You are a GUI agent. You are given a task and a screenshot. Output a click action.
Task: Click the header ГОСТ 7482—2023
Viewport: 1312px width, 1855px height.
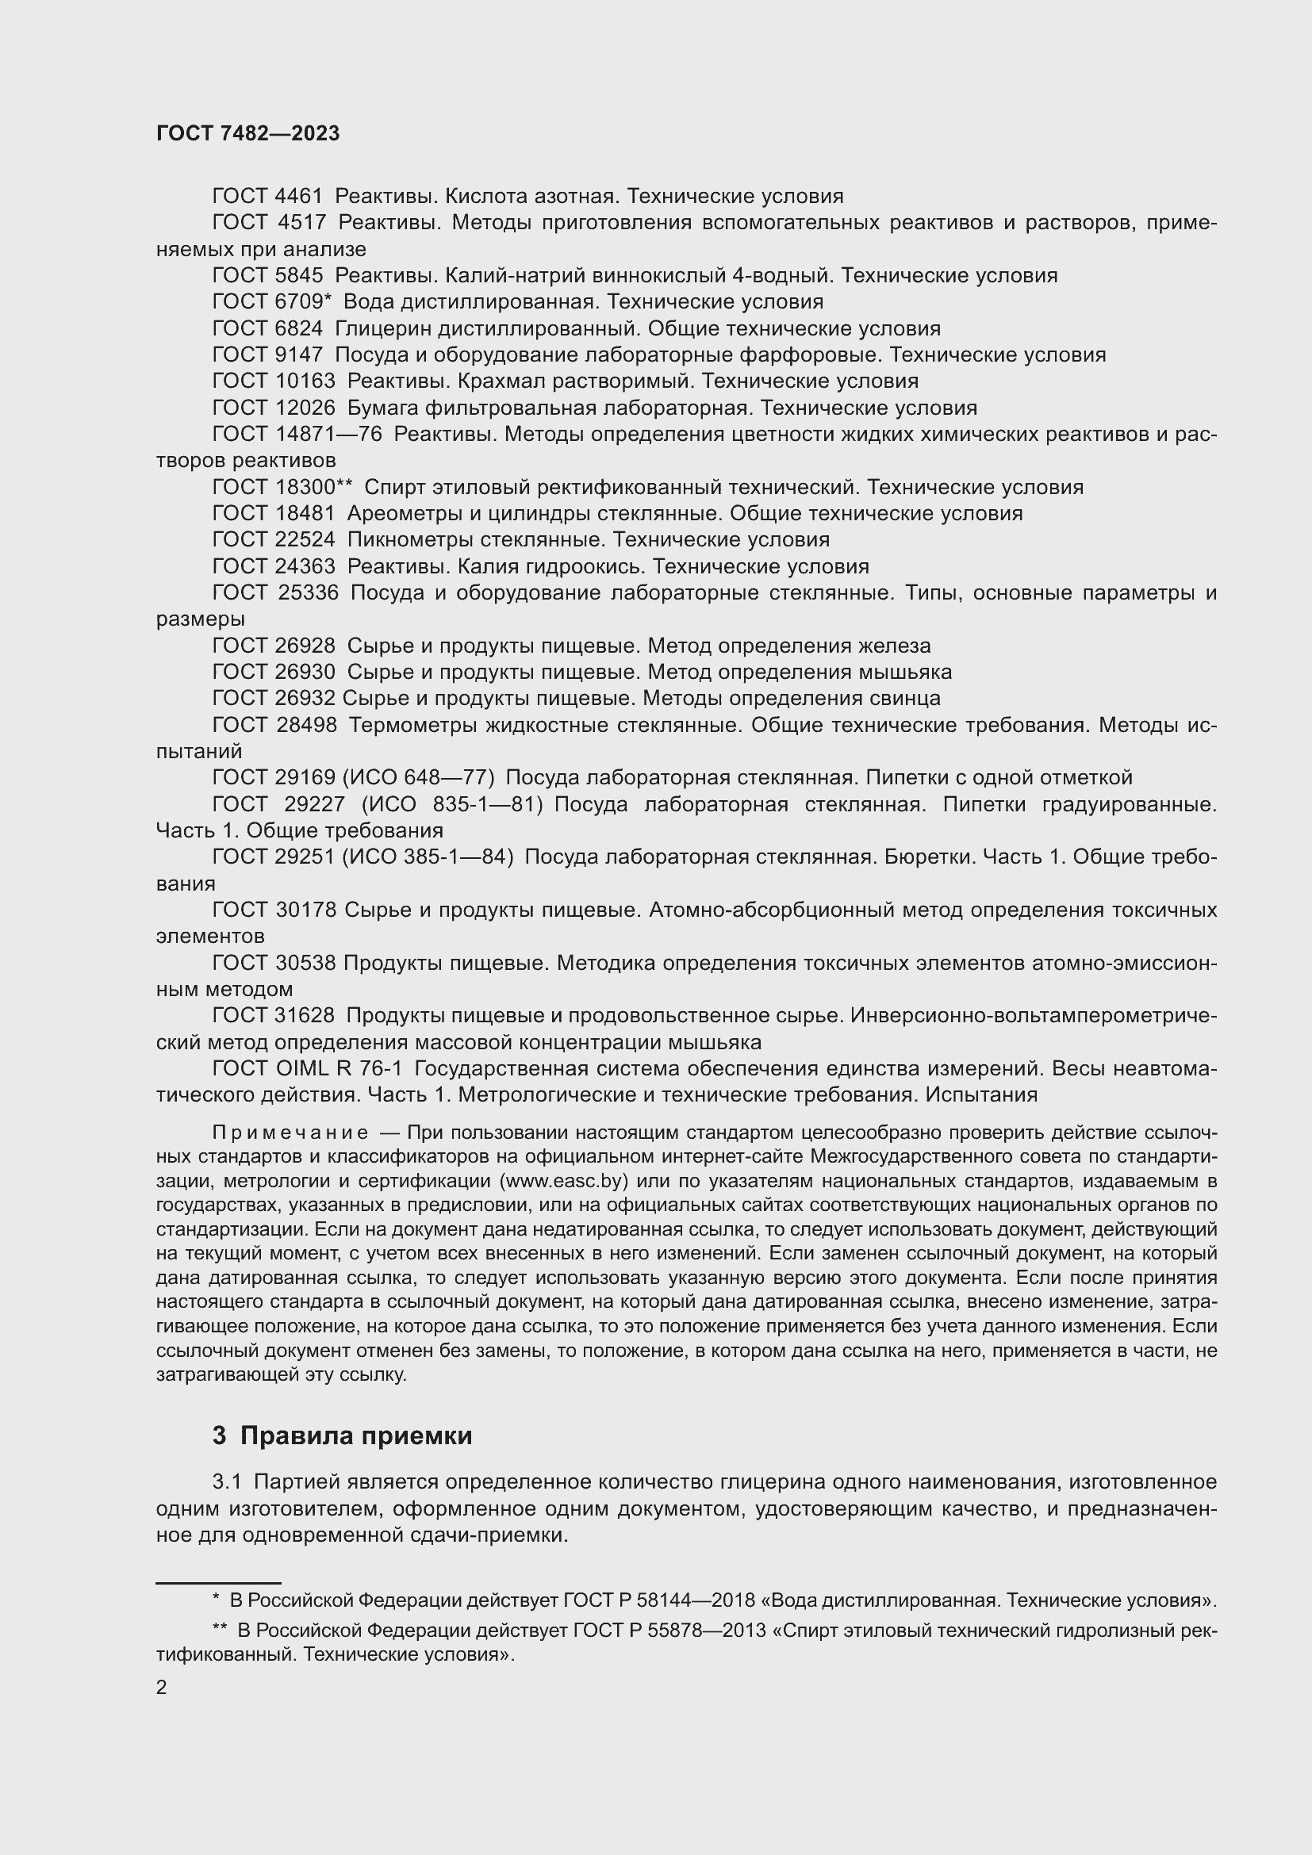tap(248, 134)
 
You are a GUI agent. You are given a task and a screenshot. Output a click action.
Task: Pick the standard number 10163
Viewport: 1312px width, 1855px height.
tap(305, 381)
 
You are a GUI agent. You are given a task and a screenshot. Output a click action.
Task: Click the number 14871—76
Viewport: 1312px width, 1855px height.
tap(329, 435)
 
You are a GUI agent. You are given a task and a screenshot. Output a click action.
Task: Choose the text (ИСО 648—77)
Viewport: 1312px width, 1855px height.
tap(419, 778)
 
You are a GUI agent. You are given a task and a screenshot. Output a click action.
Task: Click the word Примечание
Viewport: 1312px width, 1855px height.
tap(290, 1133)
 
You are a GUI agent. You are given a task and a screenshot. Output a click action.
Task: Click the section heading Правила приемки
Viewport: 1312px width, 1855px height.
tap(355, 1435)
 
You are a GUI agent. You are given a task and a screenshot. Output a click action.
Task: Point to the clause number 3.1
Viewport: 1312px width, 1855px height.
tap(227, 1482)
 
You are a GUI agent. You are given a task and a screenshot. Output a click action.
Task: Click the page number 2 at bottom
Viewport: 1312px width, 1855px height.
tap(162, 1688)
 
